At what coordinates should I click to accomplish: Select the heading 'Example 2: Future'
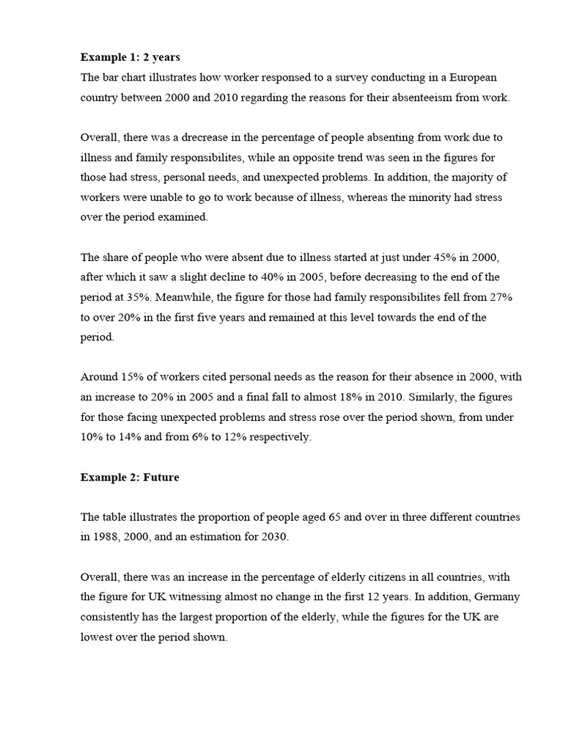pyautogui.click(x=130, y=477)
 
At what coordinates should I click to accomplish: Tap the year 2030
pyautogui.click(x=273, y=537)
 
